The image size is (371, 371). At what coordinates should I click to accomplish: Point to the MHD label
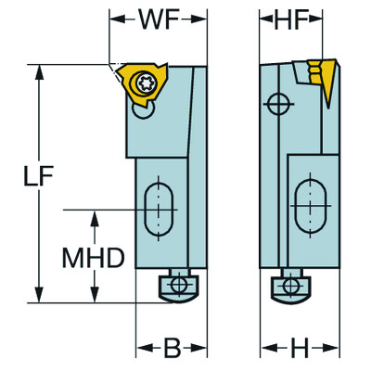coord(93,258)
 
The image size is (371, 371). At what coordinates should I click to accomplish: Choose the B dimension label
coord(172,350)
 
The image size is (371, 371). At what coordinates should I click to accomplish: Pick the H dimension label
coord(299,350)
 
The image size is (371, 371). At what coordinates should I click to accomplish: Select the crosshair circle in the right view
coord(276,105)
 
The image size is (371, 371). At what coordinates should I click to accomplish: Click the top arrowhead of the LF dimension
coord(38,71)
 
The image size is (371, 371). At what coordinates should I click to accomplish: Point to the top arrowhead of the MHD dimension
coord(95,217)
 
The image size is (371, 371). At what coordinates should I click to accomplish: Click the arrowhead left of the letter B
coord(144,350)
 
